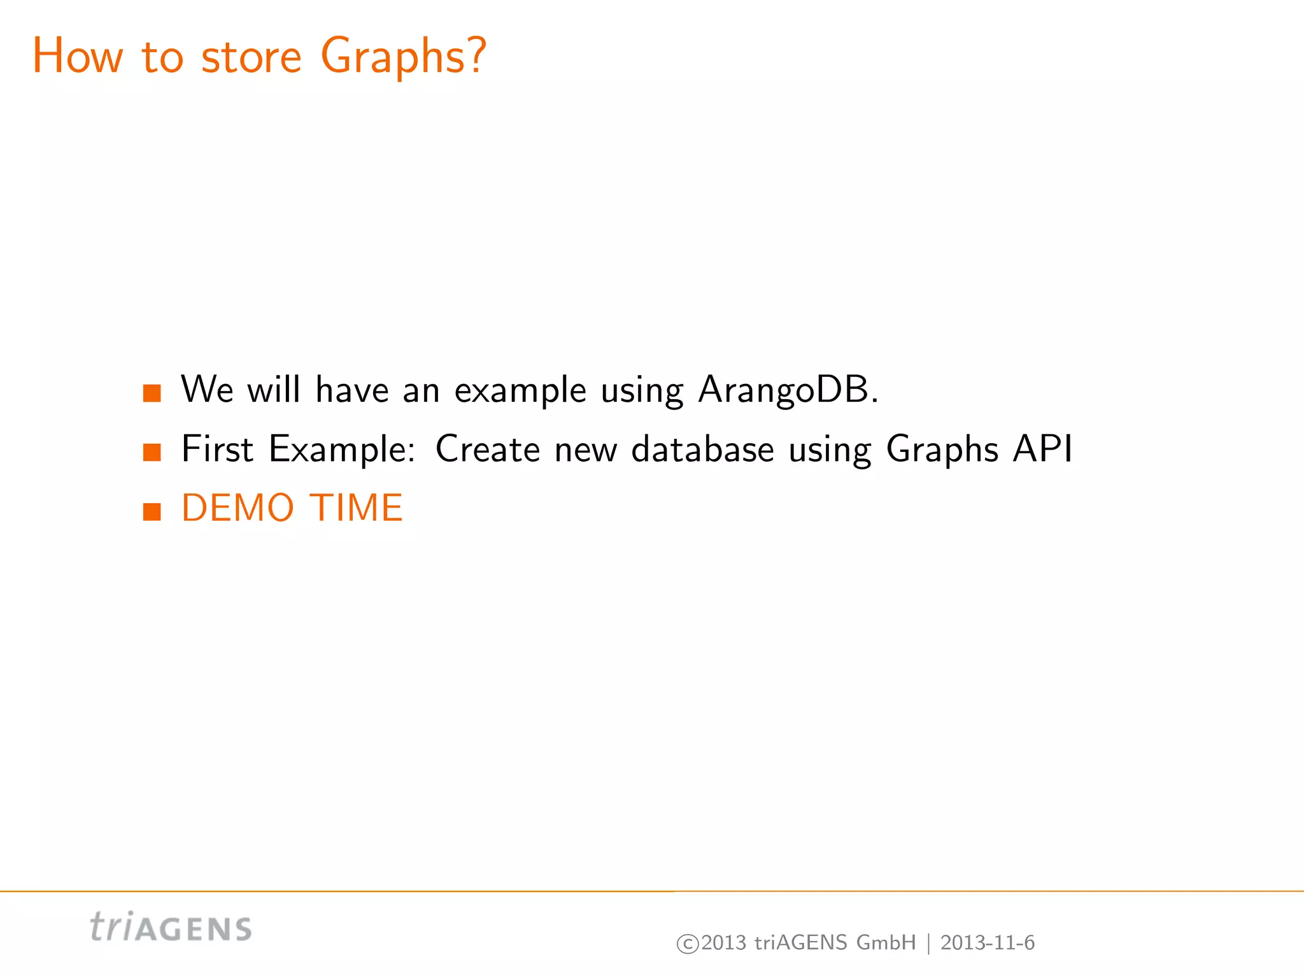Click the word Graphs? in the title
tap(403, 57)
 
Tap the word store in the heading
tap(251, 57)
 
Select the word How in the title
tap(77, 57)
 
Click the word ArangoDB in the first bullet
tap(788, 390)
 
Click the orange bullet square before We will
tap(152, 393)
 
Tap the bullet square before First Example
tap(152, 452)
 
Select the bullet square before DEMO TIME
tap(152, 511)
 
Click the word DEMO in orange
tap(237, 508)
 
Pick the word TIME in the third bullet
tap(356, 508)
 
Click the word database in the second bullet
tap(702, 450)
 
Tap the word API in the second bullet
tap(1042, 450)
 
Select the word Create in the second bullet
tap(488, 450)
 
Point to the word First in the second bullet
tap(218, 450)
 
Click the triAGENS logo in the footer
tap(171, 927)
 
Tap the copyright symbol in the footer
tap(688, 944)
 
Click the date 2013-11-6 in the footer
tap(988, 943)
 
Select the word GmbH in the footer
tap(886, 943)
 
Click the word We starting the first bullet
tap(207, 390)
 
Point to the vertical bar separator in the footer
tap(928, 944)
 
